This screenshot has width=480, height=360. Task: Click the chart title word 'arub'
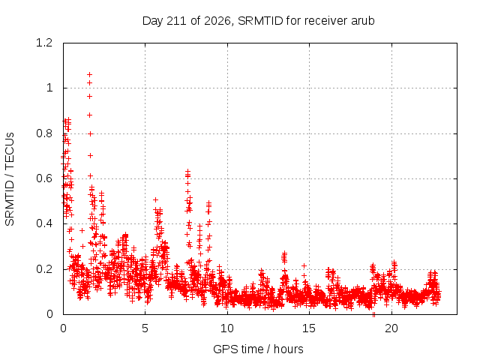coord(363,21)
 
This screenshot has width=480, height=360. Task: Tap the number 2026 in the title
coord(217,21)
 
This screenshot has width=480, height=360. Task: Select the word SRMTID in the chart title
coord(260,21)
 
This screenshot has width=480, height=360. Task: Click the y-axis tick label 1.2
coord(44,43)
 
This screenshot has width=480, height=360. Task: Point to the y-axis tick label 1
coord(49,88)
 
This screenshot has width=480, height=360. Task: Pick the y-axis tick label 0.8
coord(44,133)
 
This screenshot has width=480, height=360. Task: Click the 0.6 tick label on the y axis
coord(44,178)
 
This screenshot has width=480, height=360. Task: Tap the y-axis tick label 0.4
coord(44,223)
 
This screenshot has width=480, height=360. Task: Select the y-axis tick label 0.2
coord(44,269)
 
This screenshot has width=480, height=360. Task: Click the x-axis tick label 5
coord(145,328)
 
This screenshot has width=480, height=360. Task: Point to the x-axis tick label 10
coord(227,328)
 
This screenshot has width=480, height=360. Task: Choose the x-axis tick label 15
coord(309,328)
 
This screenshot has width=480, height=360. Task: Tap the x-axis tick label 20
coord(391,328)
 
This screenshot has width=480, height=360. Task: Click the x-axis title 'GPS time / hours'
coord(258,349)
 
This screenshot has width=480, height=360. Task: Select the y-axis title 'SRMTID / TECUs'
coord(10,179)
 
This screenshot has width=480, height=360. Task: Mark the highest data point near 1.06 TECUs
coord(90,75)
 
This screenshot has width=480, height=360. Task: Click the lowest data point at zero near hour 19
coord(373,314)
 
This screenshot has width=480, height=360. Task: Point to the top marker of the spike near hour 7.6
coord(188,171)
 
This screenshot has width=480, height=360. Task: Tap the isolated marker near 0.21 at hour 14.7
coord(304,265)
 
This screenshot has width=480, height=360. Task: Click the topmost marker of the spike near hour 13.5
coord(285,253)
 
